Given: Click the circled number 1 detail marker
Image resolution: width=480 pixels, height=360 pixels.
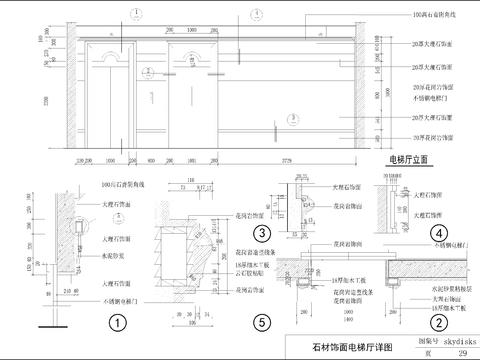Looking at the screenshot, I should pyautogui.click(x=118, y=323).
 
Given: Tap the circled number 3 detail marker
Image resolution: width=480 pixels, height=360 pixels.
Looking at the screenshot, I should pyautogui.click(x=260, y=233).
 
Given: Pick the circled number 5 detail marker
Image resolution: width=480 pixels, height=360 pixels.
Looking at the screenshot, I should pyautogui.click(x=260, y=322).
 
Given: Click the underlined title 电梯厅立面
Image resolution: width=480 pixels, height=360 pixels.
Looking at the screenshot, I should pyautogui.click(x=409, y=159).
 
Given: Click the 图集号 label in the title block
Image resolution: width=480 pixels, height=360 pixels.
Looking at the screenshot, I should pyautogui.click(x=395, y=339).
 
